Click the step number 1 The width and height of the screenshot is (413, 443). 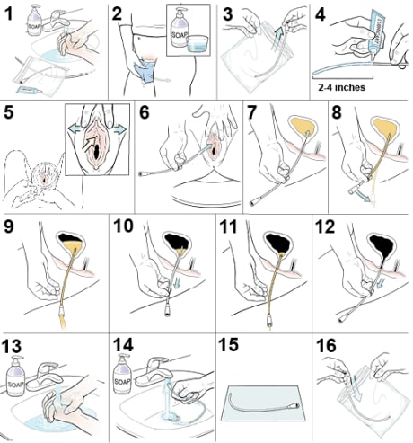(10, 13)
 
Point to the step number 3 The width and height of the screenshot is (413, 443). (227, 13)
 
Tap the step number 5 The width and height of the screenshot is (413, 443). (10, 113)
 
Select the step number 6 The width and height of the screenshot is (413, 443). (144, 113)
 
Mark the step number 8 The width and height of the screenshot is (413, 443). (337, 113)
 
